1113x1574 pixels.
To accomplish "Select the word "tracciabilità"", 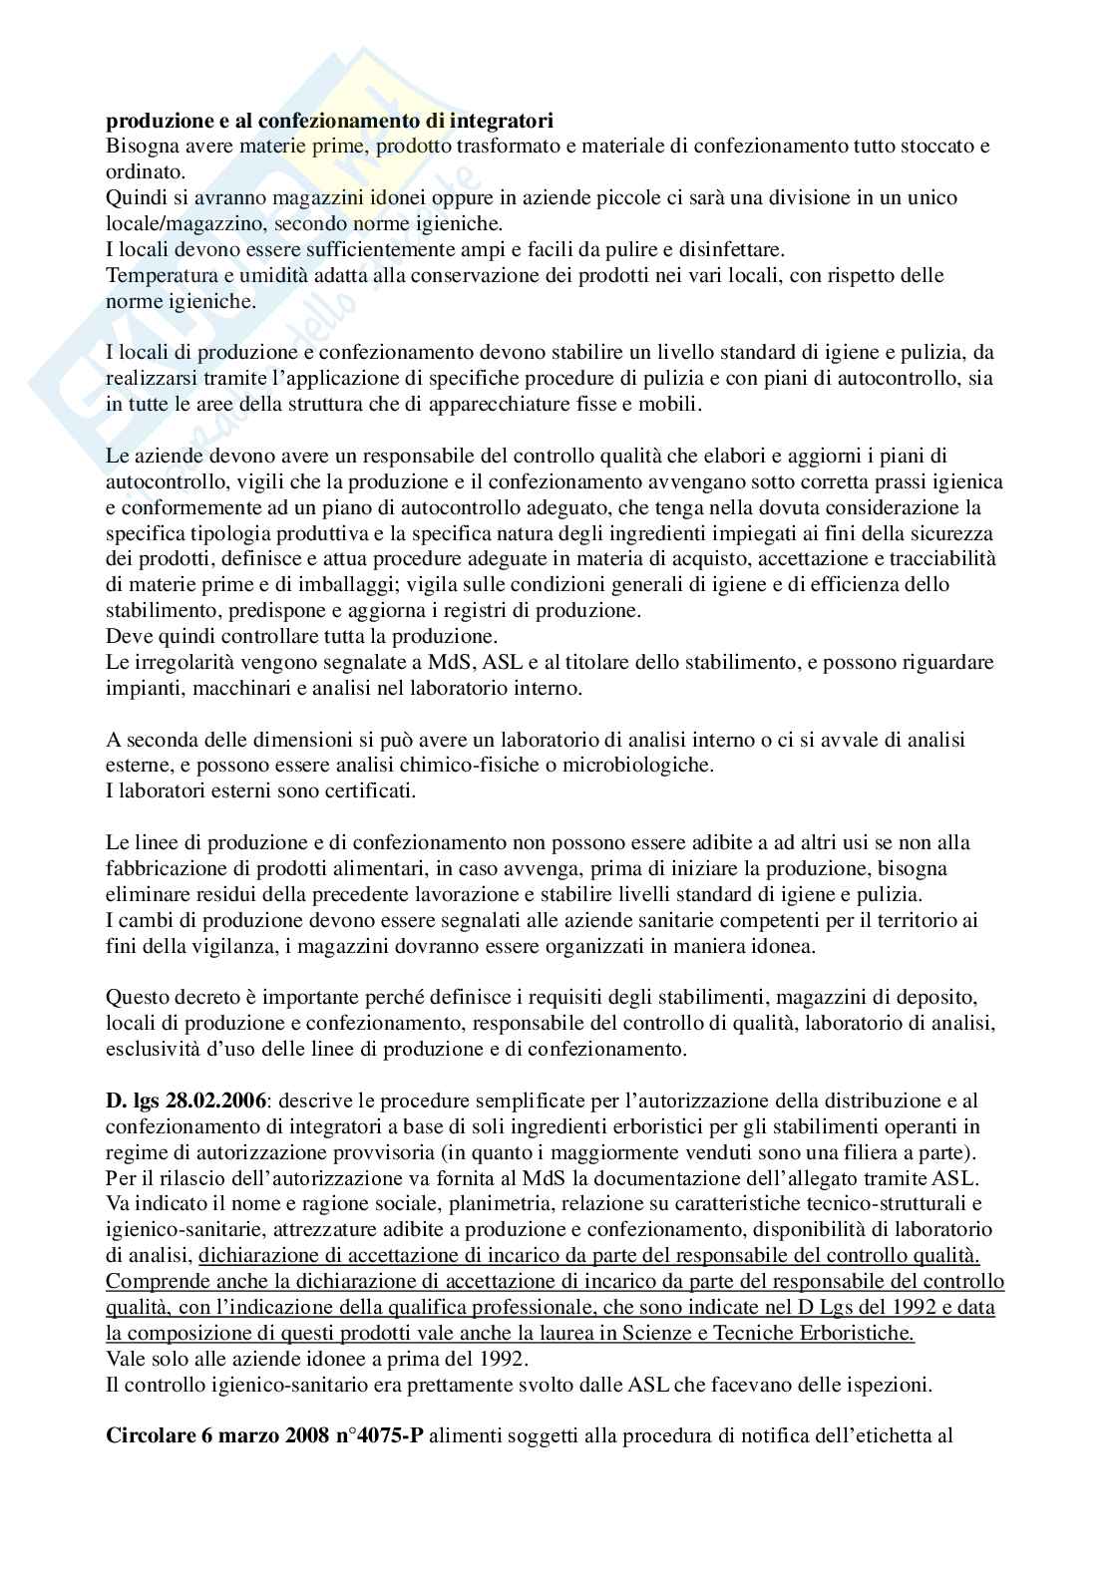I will [943, 559].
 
